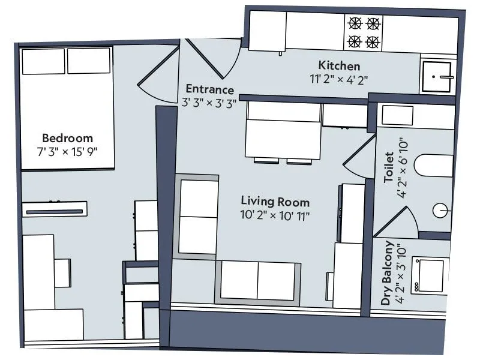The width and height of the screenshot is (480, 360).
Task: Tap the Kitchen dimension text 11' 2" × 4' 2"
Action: click(x=339, y=78)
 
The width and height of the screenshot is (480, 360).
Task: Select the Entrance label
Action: click(x=209, y=90)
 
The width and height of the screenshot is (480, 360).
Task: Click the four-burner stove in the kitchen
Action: click(x=364, y=32)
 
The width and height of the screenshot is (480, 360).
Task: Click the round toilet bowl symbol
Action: click(x=441, y=211)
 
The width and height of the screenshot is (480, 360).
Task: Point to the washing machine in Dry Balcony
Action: click(x=430, y=275)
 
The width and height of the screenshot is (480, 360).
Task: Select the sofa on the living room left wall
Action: click(x=197, y=216)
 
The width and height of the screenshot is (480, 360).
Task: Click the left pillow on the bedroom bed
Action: click(x=43, y=61)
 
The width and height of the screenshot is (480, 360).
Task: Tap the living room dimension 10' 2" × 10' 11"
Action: click(x=275, y=214)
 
